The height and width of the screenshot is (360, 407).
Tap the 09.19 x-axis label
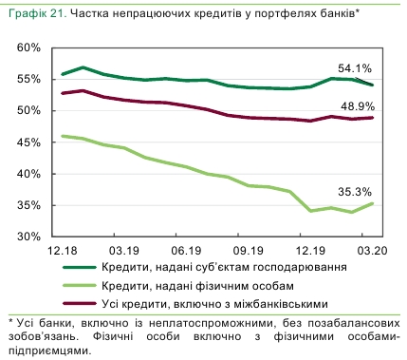pos(248,250)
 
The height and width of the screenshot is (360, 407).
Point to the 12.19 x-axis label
pos(308,250)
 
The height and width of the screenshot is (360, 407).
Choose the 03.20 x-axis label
pos(370,250)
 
